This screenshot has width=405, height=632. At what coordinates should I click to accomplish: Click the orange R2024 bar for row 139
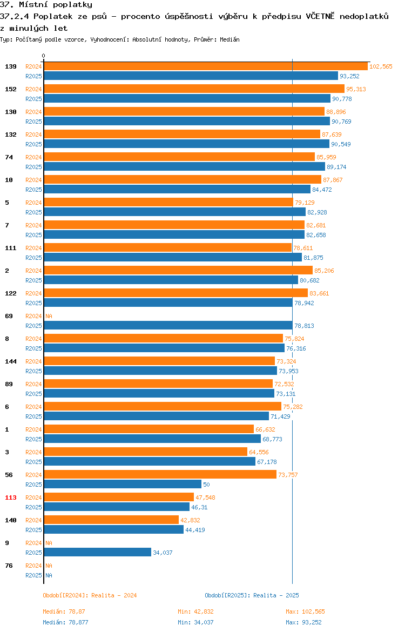click(206, 66)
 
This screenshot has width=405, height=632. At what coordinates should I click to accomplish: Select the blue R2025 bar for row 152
click(187, 99)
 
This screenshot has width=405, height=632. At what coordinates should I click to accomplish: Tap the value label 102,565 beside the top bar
click(381, 66)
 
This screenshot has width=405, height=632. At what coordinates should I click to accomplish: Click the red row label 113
click(11, 497)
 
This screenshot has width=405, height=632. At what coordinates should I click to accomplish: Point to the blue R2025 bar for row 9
click(98, 552)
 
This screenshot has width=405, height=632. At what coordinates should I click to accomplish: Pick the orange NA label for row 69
click(49, 316)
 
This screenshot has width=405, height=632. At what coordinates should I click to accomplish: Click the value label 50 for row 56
click(206, 485)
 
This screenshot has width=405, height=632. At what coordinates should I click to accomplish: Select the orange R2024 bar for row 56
click(160, 474)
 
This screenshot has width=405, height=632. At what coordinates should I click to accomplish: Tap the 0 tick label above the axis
click(44, 56)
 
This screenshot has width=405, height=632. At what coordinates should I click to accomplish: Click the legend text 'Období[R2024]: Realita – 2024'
click(90, 595)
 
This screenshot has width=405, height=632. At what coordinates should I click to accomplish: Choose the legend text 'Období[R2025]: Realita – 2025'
click(252, 595)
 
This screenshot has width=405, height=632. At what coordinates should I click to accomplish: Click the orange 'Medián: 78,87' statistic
click(64, 611)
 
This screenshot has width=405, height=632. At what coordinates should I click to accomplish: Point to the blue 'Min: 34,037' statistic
click(196, 622)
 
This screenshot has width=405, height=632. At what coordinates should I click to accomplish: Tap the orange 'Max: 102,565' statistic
click(306, 611)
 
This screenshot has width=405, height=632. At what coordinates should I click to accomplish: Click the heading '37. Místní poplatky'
click(46, 5)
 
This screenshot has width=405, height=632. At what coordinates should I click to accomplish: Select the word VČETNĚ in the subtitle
click(320, 16)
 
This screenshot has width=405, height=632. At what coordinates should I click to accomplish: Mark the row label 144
click(11, 361)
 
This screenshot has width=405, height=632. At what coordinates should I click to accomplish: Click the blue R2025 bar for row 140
click(113, 529)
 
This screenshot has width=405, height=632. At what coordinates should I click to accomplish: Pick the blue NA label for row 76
click(49, 575)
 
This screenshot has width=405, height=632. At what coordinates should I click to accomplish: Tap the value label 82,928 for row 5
click(317, 212)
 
